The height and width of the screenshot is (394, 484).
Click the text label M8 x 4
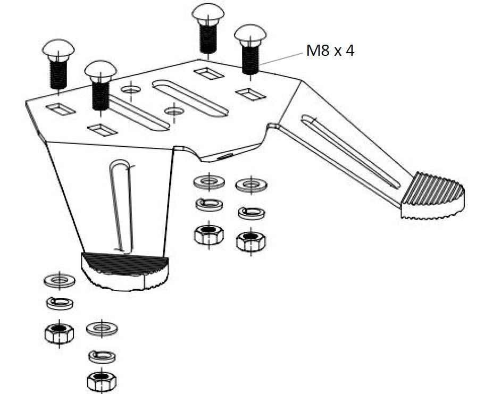[330, 51]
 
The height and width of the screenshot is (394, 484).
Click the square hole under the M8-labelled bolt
[251, 94]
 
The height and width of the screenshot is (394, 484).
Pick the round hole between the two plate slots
[173, 111]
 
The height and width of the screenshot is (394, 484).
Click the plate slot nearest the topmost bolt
[190, 98]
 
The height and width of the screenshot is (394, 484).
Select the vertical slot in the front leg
[120, 205]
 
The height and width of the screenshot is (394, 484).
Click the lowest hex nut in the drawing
[102, 381]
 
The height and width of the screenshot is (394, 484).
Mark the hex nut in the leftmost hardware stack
[59, 333]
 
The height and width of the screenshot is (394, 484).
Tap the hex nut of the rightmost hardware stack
[251, 240]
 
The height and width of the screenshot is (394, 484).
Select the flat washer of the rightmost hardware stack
[252, 186]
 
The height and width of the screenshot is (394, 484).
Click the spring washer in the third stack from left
[209, 204]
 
